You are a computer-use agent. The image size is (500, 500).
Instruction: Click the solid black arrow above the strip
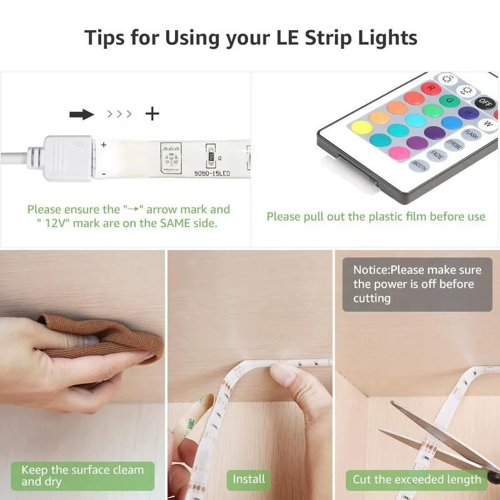(x=81, y=114)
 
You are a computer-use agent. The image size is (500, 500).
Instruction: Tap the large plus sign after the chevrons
(x=152, y=113)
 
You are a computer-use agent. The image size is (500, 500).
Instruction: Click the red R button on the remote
(x=430, y=88)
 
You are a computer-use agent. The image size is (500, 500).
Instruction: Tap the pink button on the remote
(x=398, y=152)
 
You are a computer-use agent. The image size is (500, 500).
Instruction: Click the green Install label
(x=249, y=479)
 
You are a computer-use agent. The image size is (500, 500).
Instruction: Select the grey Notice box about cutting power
(x=417, y=284)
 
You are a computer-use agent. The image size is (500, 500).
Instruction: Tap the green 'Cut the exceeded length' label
(x=417, y=479)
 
